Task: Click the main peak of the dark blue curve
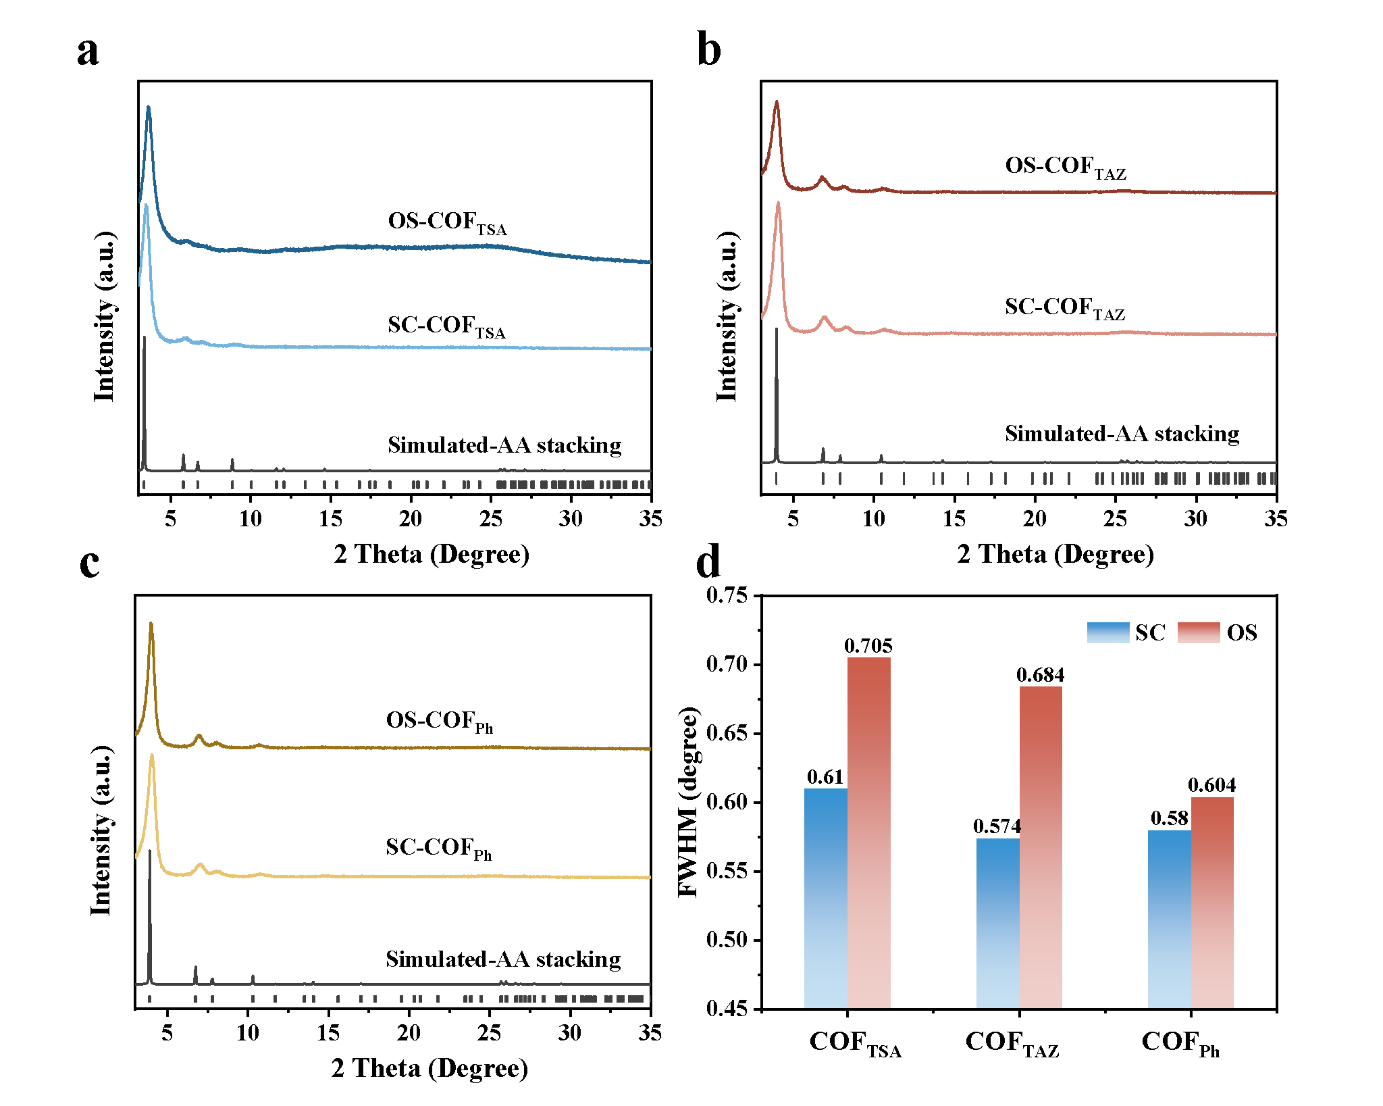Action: [149, 108]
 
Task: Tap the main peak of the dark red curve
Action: [777, 102]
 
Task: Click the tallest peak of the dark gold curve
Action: [151, 624]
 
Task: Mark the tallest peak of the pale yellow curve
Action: [152, 756]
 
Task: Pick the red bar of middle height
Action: [1040, 847]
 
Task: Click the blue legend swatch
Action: [1108, 632]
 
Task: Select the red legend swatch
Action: [1198, 632]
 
